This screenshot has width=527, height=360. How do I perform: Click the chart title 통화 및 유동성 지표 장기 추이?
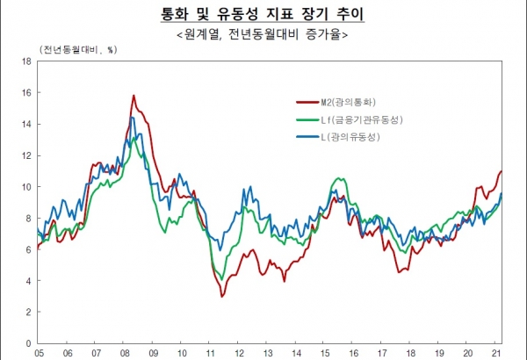[262, 14]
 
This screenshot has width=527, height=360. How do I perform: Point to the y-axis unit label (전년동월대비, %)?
[77, 49]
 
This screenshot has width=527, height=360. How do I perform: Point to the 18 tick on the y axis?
[26, 61]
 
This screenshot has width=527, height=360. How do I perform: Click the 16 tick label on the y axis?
[26, 93]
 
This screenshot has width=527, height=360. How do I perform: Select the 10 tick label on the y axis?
[26, 187]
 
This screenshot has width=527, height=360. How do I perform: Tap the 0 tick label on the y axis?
[29, 343]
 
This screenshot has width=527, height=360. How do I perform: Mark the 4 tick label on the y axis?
[29, 281]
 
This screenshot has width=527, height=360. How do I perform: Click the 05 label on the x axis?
[40, 353]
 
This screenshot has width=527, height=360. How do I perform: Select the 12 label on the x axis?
[239, 353]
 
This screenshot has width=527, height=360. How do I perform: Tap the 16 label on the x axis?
[353, 353]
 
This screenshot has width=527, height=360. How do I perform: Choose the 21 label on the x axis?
[496, 353]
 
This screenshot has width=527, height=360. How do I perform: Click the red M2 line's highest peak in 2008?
[134, 95]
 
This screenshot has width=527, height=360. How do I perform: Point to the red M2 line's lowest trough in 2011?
[221, 297]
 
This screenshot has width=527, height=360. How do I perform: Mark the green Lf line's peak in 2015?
[338, 178]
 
